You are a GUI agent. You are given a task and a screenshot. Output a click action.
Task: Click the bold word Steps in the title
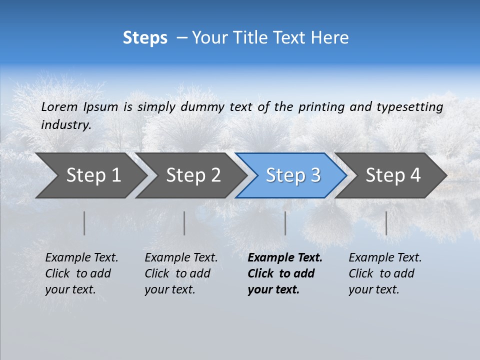coord(145,38)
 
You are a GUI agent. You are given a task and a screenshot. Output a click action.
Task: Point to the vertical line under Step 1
coord(84,223)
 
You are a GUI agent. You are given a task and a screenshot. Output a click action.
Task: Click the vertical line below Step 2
coord(184,223)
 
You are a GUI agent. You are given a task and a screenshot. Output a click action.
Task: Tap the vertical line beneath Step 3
coord(285,223)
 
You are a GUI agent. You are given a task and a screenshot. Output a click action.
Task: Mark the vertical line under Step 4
coord(386,223)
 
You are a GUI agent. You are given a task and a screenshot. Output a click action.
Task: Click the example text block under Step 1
coord(81,273)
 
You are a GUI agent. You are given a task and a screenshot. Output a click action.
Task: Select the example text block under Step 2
coord(181,273)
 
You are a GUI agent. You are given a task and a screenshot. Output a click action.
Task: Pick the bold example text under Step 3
coord(285,273)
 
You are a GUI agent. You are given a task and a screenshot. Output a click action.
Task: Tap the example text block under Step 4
coord(385,273)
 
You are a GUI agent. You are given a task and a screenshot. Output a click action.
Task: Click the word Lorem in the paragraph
coord(59,106)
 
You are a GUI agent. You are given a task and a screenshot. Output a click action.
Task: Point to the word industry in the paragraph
coord(66,125)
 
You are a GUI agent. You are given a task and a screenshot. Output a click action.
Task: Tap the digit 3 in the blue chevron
coord(315,175)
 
